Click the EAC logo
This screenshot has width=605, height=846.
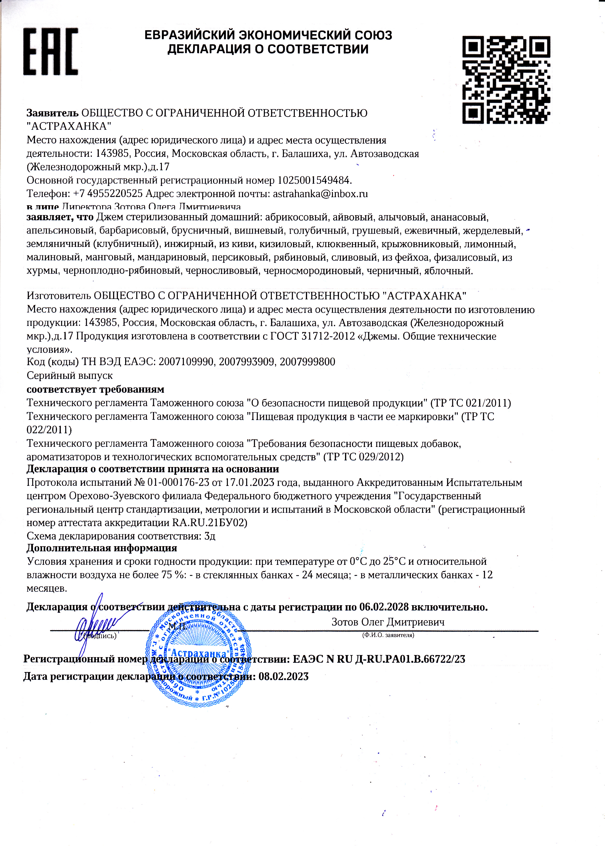click(x=51, y=52)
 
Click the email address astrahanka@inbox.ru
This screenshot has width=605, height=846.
click(x=320, y=194)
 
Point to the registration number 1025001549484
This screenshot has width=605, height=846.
click(x=314, y=181)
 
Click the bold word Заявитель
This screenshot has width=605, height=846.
click(x=52, y=113)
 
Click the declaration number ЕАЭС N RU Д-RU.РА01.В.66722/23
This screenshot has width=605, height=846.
click(x=379, y=659)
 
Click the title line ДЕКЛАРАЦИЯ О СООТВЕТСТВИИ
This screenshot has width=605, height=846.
click(x=268, y=49)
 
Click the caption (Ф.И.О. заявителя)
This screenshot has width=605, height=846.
click(x=388, y=635)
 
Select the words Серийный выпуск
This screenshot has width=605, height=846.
click(x=70, y=376)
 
